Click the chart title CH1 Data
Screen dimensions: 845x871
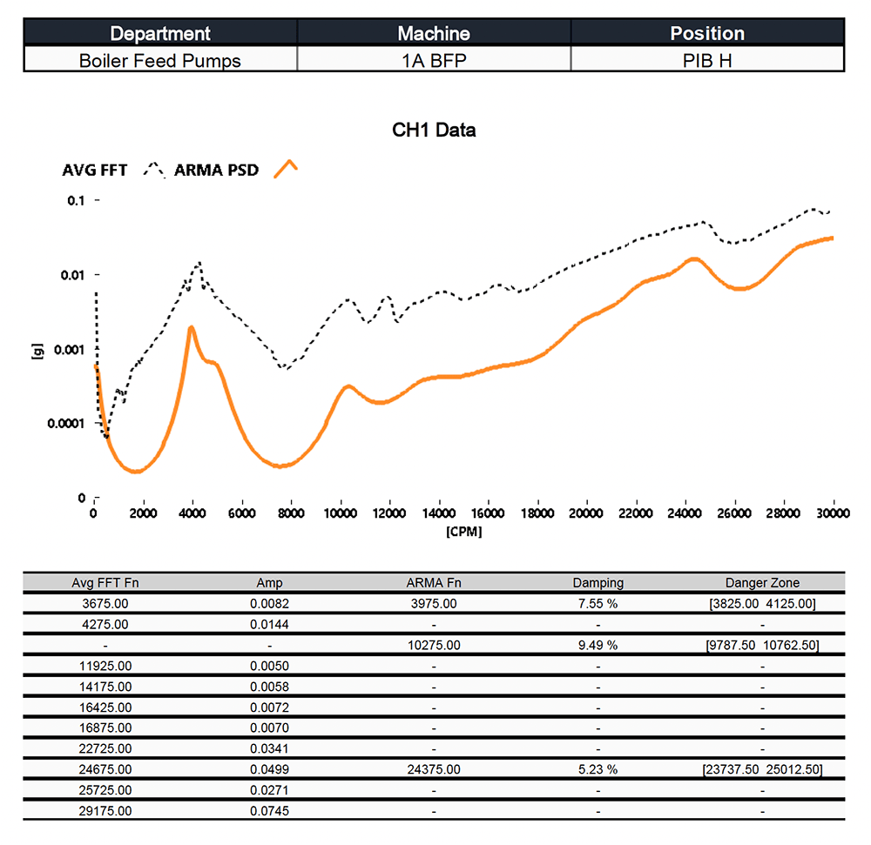434,131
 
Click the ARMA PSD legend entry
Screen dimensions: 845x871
216,170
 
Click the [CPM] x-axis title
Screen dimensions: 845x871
463,531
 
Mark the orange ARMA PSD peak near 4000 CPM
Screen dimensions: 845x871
191,327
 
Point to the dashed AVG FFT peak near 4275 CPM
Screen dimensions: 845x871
199,262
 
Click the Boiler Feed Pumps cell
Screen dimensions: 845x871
160,61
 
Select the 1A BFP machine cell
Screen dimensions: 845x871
434,61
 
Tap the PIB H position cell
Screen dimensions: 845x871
706,61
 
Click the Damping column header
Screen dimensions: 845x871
598,583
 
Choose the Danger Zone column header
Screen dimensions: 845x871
762,583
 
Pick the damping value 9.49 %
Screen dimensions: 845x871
598,646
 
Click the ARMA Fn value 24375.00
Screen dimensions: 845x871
434,769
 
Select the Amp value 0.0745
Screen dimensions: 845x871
270,811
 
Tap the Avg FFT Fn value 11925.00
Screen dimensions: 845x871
105,666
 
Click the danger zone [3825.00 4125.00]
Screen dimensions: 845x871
762,604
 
